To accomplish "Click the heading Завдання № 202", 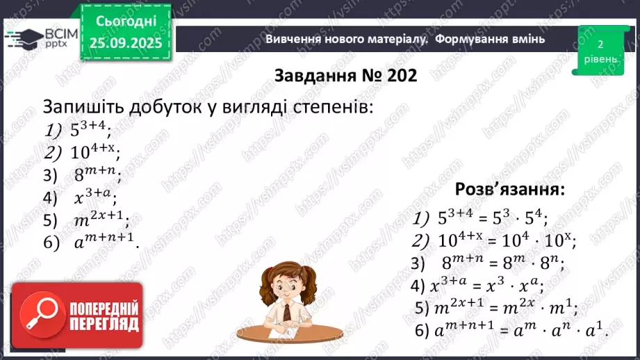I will tap(345, 75).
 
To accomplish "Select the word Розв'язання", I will tap(509, 189).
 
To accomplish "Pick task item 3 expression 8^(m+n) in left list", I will tap(97, 174).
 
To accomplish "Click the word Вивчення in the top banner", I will tap(293, 39).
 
